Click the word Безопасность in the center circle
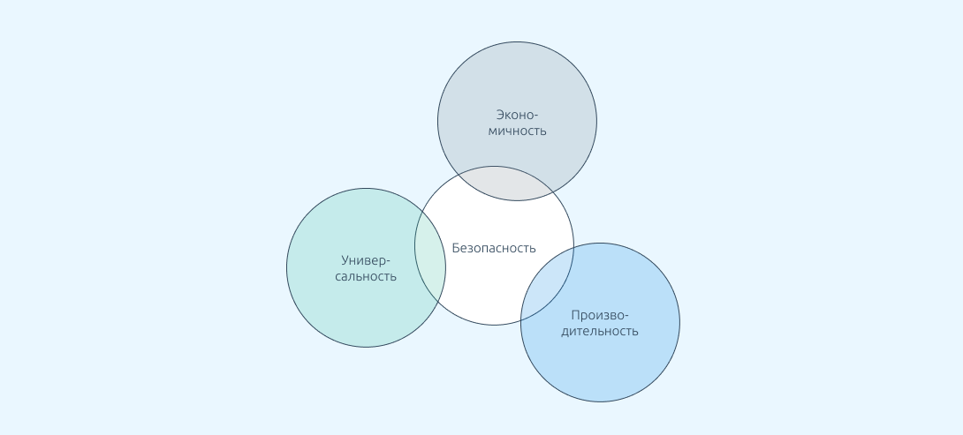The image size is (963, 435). click(x=494, y=248)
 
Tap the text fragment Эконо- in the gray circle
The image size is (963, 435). click(x=517, y=114)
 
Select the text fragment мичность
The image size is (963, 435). click(x=517, y=131)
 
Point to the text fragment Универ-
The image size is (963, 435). click(x=366, y=260)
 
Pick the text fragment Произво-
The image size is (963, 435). click(x=600, y=315)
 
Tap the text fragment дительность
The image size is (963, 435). click(x=600, y=332)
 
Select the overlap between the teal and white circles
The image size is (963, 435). click(x=430, y=257)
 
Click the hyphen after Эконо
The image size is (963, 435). click(x=535, y=115)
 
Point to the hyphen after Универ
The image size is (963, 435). click(x=388, y=261)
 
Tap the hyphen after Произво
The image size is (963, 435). click(x=626, y=316)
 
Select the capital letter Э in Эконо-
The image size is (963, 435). click(x=500, y=114)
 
